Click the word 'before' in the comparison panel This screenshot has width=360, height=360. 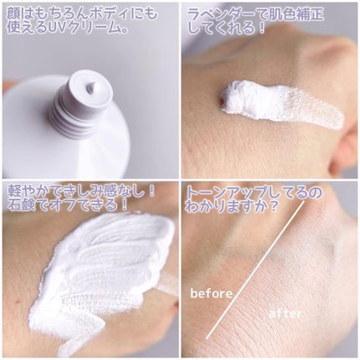click(x=211, y=293)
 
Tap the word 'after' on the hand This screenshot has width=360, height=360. click(x=285, y=313)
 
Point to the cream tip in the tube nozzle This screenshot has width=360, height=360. click(x=90, y=84)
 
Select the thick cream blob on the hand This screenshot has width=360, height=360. click(x=245, y=98)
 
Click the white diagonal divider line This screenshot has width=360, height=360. click(x=255, y=270)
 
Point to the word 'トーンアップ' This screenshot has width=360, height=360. click(x=233, y=193)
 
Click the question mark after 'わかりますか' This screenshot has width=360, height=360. click(x=274, y=207)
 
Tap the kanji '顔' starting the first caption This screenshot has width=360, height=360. click(x=14, y=14)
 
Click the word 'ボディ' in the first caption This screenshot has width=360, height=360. click(x=100, y=14)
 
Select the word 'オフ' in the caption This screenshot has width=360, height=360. click(x=72, y=205)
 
